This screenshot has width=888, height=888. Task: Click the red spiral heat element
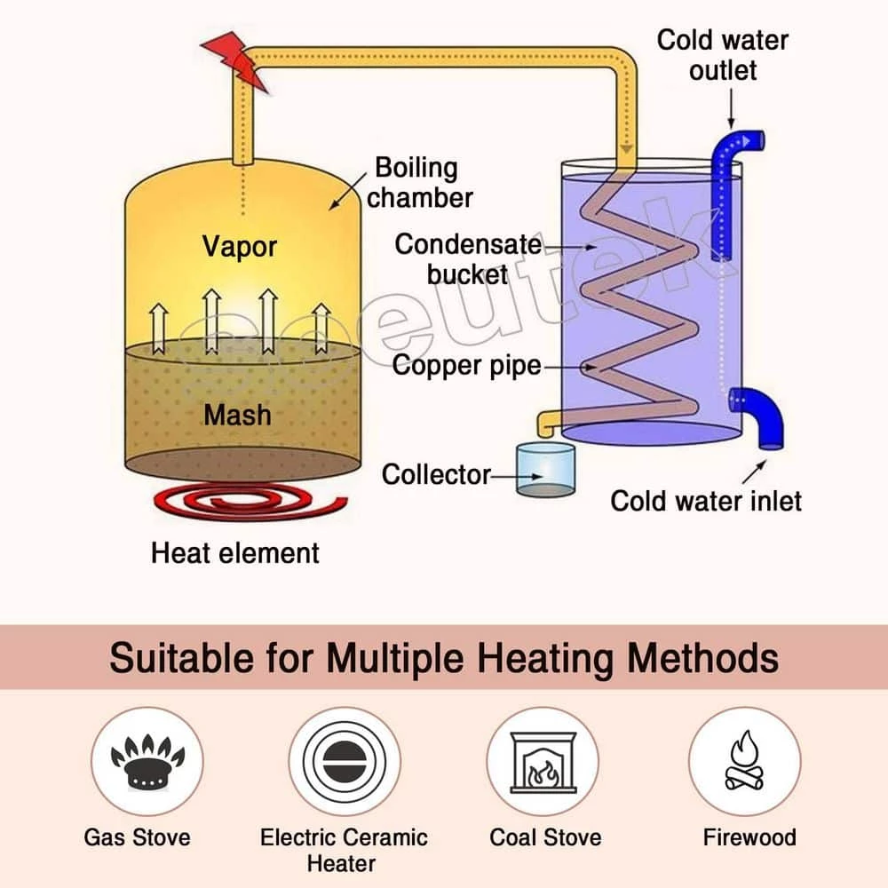click(x=241, y=506)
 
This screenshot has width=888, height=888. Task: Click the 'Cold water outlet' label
click(x=722, y=54)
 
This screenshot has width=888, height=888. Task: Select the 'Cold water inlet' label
click(x=705, y=500)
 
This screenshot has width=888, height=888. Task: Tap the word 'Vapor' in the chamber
click(x=239, y=246)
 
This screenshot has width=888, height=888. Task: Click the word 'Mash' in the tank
click(x=237, y=414)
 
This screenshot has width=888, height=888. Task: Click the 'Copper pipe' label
click(x=466, y=366)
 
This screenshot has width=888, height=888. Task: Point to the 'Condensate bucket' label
click(x=468, y=258)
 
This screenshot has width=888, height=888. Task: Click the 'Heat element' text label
click(x=234, y=553)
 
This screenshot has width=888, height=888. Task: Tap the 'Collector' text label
click(x=435, y=474)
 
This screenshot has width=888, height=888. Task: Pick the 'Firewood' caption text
click(x=749, y=836)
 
